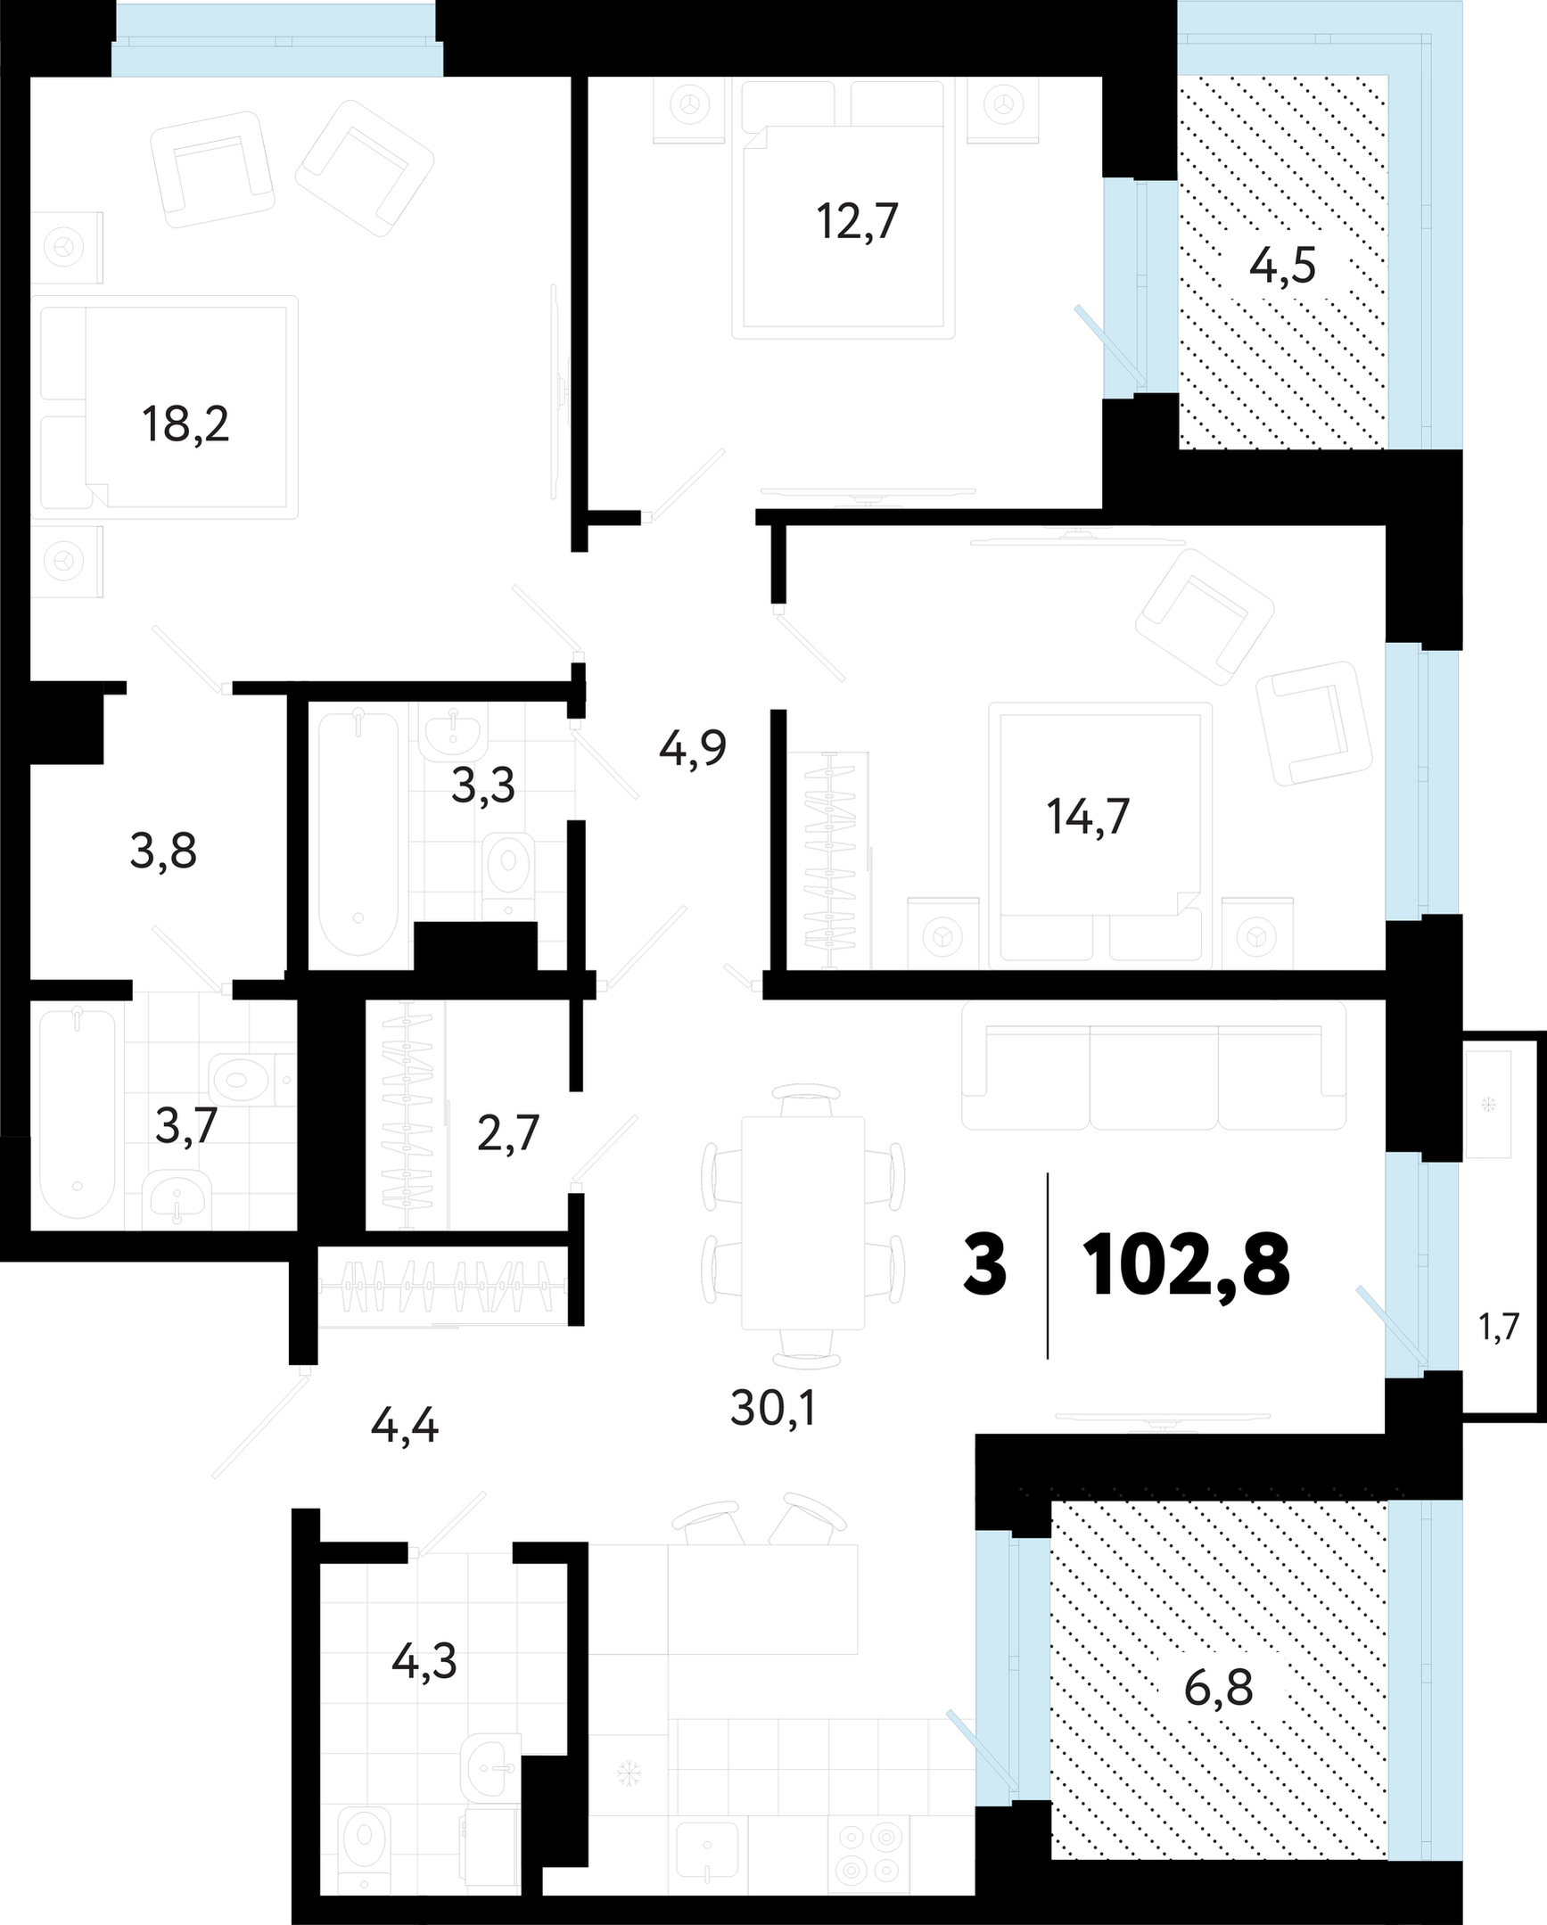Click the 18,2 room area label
point(185,424)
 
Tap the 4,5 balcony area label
point(1283,265)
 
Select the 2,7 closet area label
point(508,1135)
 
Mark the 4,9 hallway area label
point(693,748)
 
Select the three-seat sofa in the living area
point(1154,1065)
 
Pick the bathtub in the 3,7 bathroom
point(78,1113)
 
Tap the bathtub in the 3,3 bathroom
point(358,833)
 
